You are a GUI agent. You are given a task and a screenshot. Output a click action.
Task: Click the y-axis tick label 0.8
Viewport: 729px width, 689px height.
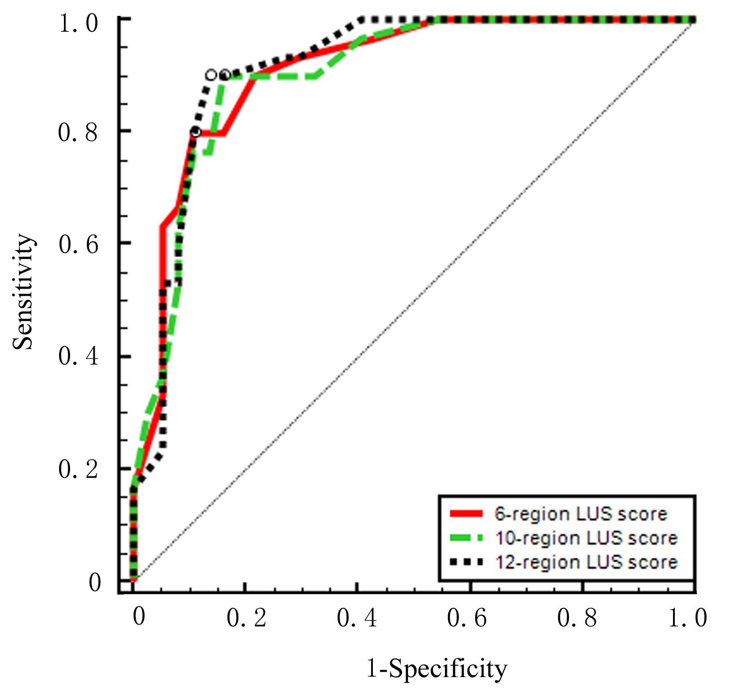(x=78, y=132)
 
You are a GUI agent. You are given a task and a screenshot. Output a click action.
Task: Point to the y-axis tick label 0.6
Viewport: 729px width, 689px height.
(x=78, y=244)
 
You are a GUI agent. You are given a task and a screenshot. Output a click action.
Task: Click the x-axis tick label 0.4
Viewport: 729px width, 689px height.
(x=357, y=618)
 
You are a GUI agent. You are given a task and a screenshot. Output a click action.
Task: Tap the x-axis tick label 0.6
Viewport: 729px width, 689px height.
(x=467, y=618)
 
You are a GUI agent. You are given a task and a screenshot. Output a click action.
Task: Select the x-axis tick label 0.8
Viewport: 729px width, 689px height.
(x=577, y=618)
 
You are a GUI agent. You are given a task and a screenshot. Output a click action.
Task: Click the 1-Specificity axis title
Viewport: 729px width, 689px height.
(x=437, y=668)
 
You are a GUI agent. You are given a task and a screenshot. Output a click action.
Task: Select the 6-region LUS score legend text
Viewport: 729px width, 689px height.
(x=581, y=514)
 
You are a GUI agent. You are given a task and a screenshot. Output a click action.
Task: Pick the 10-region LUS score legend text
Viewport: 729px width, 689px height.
(x=586, y=538)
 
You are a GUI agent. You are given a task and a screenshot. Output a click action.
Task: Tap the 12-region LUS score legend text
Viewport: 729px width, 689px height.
(x=586, y=562)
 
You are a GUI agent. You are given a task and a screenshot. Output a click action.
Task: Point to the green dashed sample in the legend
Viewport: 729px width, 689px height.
(x=466, y=537)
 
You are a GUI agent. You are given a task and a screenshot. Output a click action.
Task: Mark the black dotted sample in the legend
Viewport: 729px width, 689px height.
(x=466, y=562)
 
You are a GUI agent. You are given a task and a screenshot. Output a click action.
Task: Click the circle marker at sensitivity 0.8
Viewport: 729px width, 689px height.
(x=196, y=131)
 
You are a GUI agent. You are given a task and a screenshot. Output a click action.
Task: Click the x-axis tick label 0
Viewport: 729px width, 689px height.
(x=138, y=617)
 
